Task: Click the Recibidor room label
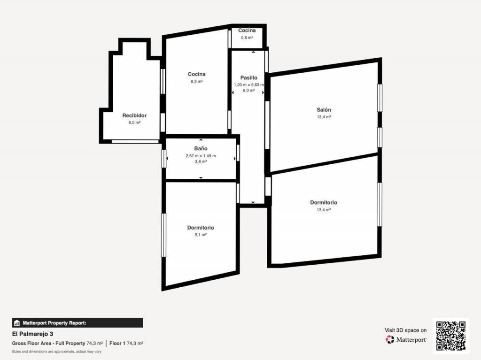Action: [134, 115]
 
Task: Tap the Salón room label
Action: [324, 110]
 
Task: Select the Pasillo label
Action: [249, 78]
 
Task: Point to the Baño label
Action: [201, 148]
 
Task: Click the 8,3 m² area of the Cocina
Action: [197, 82]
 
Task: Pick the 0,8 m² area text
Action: [247, 38]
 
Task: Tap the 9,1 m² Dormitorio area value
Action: [200, 235]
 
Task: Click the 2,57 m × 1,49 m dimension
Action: [201, 156]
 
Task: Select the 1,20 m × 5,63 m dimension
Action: [249, 84]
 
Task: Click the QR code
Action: [450, 336]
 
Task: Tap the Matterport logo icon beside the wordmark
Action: [389, 339]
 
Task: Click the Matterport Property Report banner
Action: [78, 323]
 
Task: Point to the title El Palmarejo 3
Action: [32, 334]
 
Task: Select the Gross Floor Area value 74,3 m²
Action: [94, 344]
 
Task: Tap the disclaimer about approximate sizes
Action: [57, 352]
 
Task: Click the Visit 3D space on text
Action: [405, 330]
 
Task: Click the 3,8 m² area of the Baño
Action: [201, 161]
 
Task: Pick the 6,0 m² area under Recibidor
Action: [134, 123]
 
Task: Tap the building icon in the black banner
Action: [17, 323]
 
